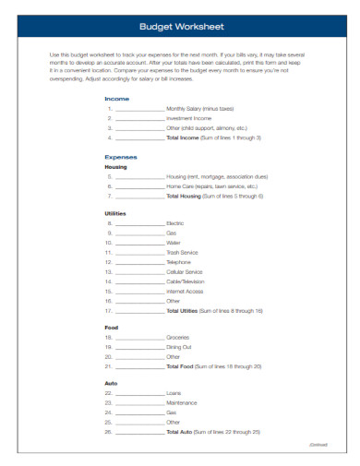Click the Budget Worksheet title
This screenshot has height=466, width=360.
(x=180, y=27)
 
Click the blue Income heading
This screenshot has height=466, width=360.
(x=117, y=98)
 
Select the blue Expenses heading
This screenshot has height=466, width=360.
(x=121, y=157)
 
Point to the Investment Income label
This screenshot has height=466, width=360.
(x=189, y=118)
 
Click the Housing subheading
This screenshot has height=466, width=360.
(x=116, y=167)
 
